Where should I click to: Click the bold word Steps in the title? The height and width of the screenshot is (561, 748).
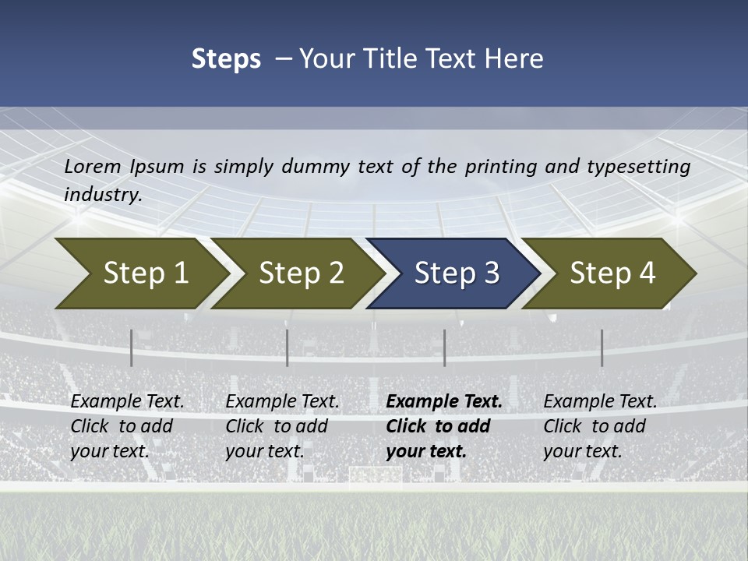[226, 59]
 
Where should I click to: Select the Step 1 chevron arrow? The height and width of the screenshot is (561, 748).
[140, 273]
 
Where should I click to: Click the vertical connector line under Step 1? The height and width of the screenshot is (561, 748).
[132, 348]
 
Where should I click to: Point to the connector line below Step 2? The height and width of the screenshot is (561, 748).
[288, 348]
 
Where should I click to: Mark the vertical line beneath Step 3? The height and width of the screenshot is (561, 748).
[445, 348]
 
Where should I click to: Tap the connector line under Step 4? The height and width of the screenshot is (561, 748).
[602, 348]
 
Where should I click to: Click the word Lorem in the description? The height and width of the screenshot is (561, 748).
[93, 167]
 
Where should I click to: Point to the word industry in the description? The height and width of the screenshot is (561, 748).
[102, 195]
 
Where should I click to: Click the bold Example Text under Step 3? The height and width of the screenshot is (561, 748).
[444, 402]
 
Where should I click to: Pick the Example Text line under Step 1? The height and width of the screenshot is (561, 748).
[127, 402]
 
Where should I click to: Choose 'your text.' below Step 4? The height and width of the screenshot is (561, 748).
[582, 451]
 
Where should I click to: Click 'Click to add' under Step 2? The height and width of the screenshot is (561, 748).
[277, 427]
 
